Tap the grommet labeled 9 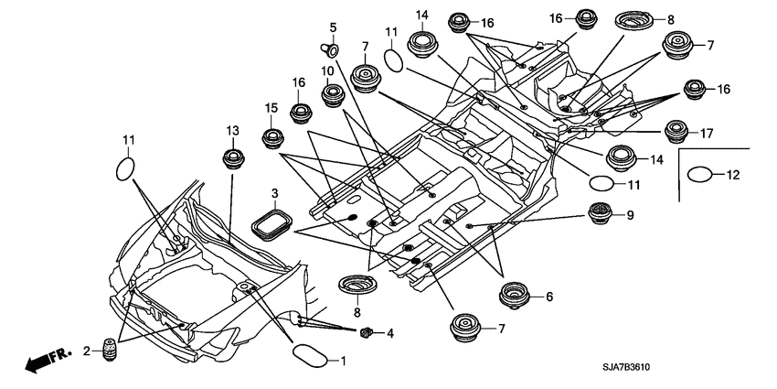[x=600, y=217]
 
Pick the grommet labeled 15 [x=271, y=139]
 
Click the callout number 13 [x=232, y=130]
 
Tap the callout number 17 [x=706, y=132]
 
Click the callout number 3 [x=272, y=193]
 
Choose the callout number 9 [x=629, y=215]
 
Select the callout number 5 [x=333, y=27]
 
